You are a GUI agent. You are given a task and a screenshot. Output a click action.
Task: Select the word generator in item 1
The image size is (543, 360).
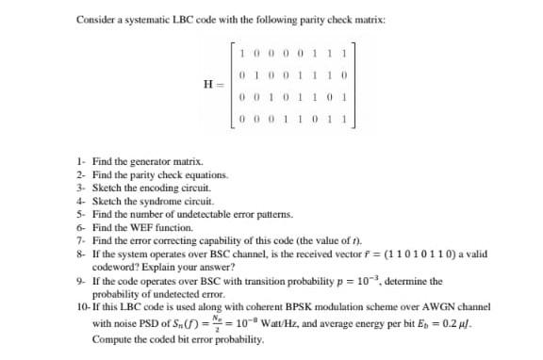point(146,163)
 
